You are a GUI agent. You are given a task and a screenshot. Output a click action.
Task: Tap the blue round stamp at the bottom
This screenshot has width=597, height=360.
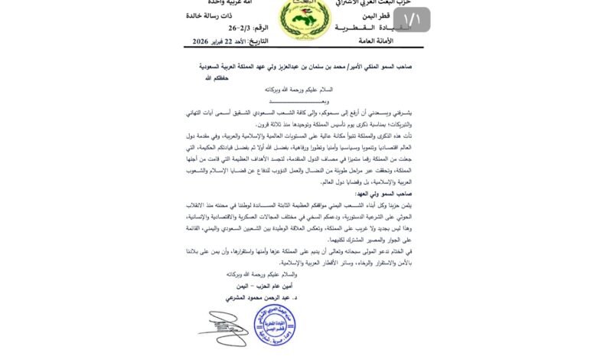point(273,328)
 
